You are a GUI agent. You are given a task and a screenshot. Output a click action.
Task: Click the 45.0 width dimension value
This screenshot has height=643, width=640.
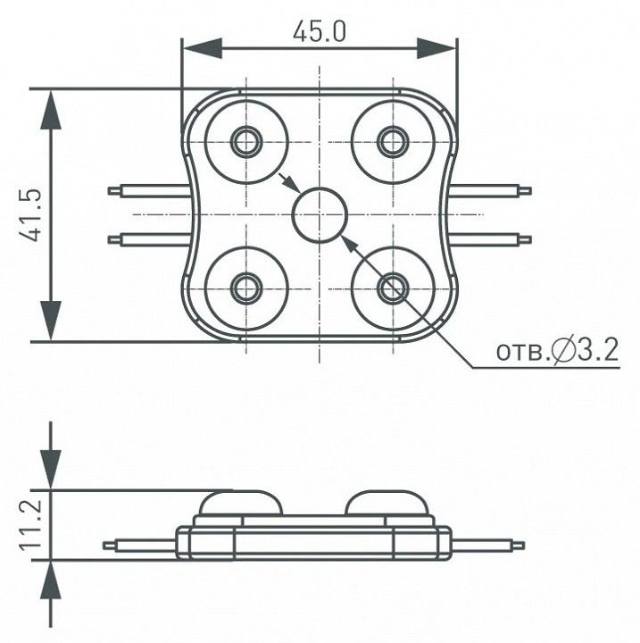(x=320, y=32)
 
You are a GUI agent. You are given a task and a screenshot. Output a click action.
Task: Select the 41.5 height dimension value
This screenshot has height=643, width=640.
(x=30, y=215)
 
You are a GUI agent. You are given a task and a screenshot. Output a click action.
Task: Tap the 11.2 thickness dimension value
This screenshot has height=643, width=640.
(x=30, y=525)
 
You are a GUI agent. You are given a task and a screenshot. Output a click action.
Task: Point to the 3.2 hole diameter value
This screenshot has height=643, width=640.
(x=597, y=351)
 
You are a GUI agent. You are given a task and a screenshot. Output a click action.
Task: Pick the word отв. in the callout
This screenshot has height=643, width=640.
(x=523, y=353)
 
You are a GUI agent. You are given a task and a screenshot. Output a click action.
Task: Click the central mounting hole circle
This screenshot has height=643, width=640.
(x=320, y=214)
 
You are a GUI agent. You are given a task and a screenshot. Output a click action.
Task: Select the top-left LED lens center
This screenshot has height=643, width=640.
(x=246, y=142)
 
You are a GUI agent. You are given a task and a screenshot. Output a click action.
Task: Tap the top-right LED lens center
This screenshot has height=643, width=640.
(x=393, y=142)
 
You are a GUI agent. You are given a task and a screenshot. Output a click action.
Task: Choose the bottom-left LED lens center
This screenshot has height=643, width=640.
(x=246, y=288)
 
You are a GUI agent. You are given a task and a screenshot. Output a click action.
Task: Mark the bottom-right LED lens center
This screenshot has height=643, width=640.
(x=393, y=288)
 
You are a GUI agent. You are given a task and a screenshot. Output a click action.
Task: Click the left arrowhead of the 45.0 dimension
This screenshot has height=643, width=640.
(x=203, y=48)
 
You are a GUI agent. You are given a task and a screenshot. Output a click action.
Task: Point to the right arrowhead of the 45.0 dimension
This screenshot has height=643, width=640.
(x=436, y=48)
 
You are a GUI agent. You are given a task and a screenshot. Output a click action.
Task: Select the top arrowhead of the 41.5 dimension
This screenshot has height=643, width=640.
(x=51, y=110)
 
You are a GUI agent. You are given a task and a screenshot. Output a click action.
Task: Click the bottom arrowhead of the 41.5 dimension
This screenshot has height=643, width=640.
(x=51, y=321)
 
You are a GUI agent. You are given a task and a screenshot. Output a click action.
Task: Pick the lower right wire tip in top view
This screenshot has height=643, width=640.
(x=526, y=239)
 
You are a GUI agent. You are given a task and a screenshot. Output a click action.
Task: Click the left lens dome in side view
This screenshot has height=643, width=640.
(x=241, y=502)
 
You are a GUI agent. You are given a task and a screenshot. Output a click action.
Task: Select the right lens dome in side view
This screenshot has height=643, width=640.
(x=387, y=502)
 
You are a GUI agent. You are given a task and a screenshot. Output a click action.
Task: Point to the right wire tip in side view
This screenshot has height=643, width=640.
(x=519, y=546)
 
